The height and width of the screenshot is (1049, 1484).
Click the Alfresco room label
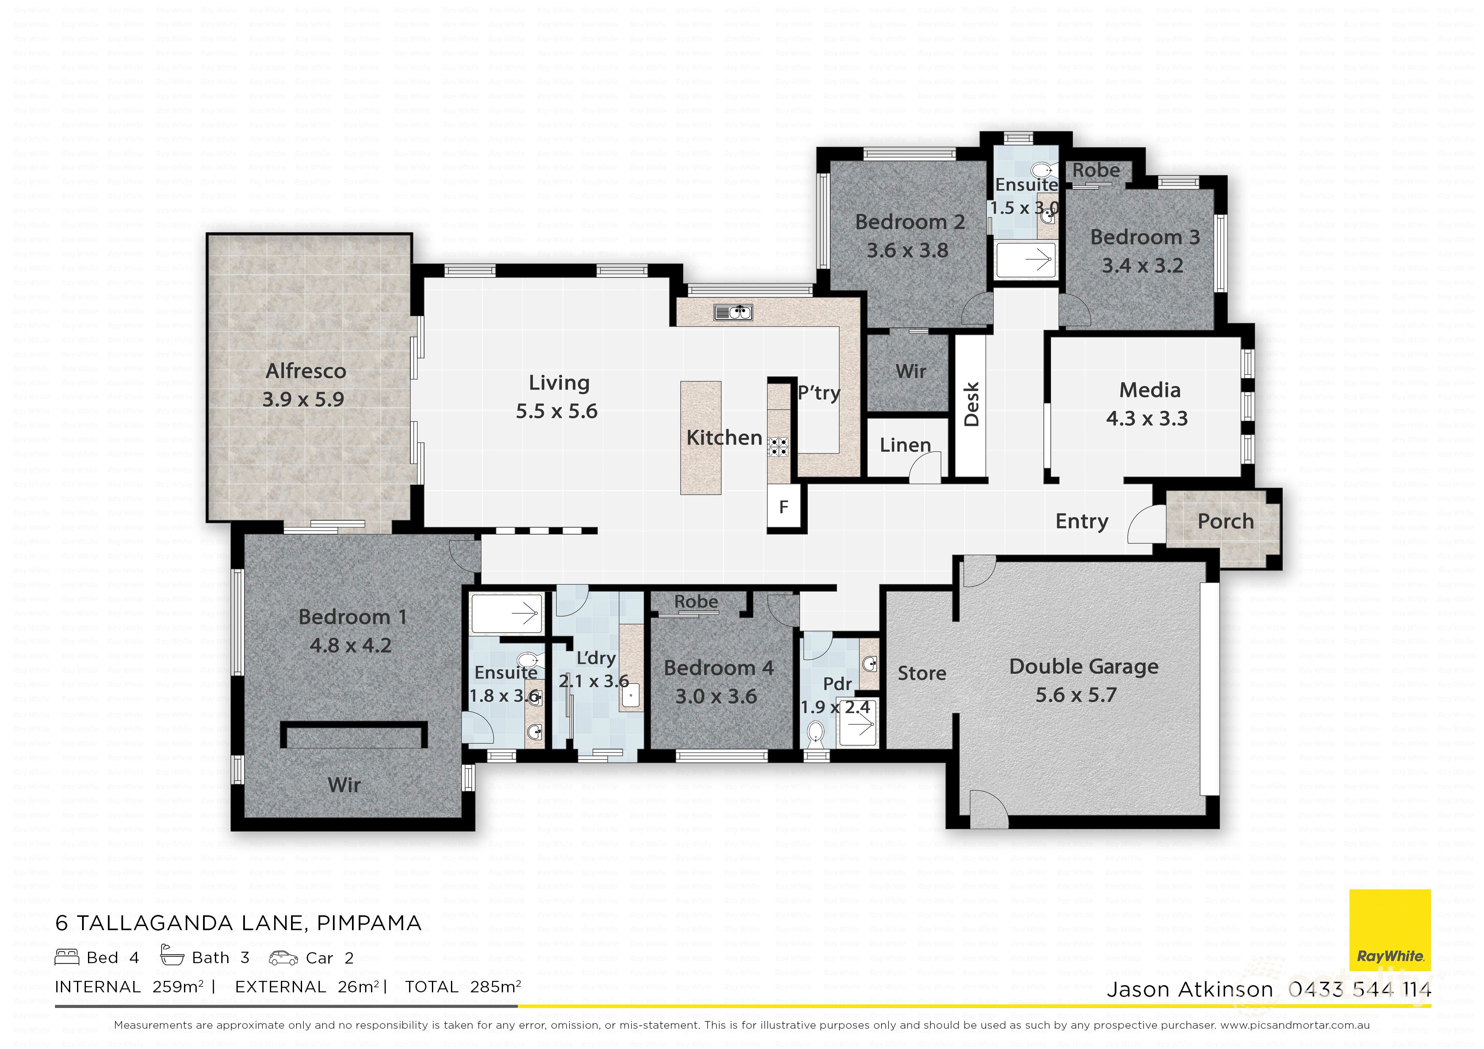coord(306,371)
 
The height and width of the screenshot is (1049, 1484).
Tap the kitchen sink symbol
coord(733,313)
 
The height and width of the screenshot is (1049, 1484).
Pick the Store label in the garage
coord(922,673)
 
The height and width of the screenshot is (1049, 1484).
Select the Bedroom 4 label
coord(718,667)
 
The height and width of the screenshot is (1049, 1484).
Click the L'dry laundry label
coord(595,658)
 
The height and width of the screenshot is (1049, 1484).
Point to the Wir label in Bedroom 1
coord(344,785)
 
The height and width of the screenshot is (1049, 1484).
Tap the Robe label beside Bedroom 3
coord(1096,170)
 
